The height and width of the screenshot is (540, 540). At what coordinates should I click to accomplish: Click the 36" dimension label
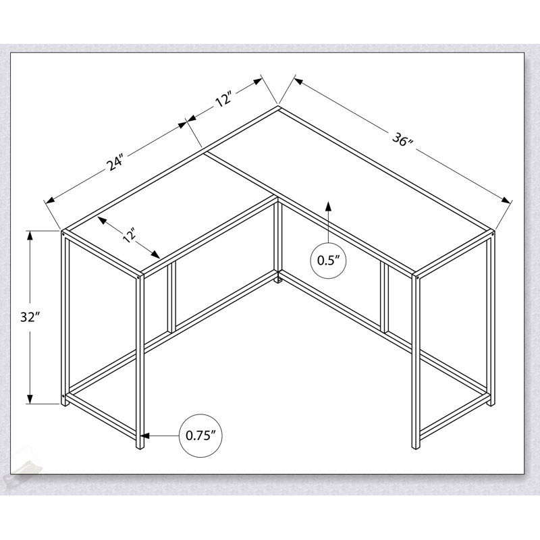402,140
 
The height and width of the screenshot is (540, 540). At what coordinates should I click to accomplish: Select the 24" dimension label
115,163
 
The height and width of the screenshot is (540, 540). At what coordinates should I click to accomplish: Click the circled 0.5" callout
328,261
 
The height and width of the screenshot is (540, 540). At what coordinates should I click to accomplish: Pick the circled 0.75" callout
200,435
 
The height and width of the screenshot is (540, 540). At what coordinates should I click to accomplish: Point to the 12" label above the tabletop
223,99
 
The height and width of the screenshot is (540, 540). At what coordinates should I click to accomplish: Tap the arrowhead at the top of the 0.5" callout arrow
328,206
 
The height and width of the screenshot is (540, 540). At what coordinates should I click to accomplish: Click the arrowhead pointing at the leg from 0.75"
145,435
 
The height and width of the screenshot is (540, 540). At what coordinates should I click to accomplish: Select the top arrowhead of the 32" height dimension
30,236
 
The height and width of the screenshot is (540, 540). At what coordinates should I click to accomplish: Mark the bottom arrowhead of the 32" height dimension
30,398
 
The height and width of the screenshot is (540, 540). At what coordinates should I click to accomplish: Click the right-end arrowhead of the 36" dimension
505,200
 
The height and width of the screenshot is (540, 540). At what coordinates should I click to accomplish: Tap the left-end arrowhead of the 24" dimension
50,200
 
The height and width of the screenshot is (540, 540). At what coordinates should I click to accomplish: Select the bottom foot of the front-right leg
416,444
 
